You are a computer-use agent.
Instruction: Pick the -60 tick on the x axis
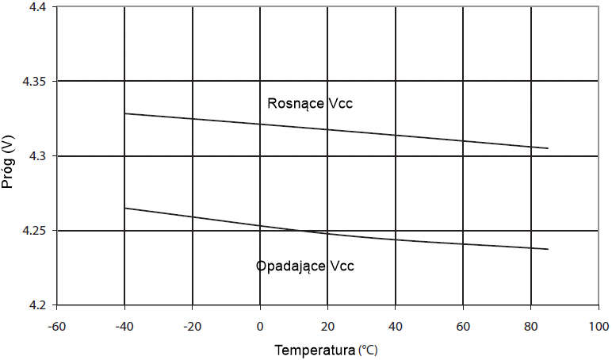(x=57, y=325)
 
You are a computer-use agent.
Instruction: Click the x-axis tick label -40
(x=124, y=325)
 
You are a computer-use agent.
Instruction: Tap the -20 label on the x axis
(x=192, y=325)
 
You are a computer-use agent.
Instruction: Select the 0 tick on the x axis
(x=260, y=325)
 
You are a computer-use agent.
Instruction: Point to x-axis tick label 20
(x=327, y=325)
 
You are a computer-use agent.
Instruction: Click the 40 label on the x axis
(x=395, y=325)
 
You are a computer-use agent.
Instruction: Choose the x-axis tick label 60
(x=462, y=325)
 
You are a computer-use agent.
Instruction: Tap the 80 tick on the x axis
(x=530, y=325)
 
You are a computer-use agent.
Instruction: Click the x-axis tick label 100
(x=598, y=325)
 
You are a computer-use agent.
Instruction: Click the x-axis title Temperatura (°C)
(x=327, y=349)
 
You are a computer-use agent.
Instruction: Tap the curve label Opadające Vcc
(x=305, y=266)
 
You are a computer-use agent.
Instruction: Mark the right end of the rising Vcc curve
(x=548, y=148)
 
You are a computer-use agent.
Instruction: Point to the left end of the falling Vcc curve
(x=125, y=209)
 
